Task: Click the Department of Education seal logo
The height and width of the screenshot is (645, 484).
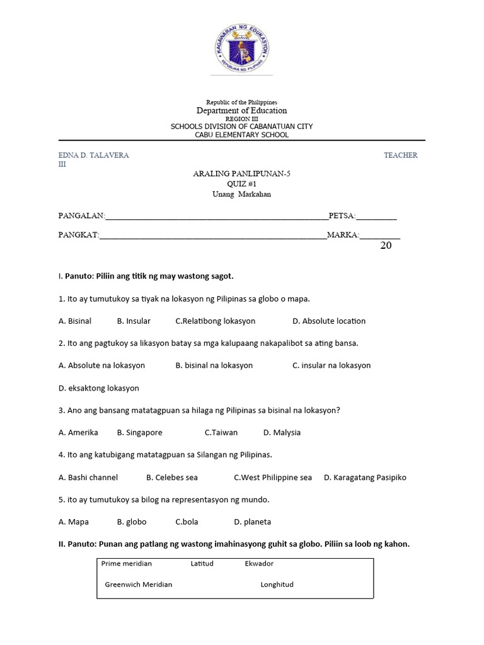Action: click(x=241, y=46)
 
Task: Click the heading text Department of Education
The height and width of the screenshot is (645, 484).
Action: click(x=241, y=111)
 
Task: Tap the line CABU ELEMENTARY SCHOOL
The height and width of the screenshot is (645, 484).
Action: click(x=241, y=135)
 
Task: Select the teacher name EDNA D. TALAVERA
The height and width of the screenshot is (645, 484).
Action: click(x=94, y=155)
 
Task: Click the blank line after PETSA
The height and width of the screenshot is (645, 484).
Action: click(x=376, y=218)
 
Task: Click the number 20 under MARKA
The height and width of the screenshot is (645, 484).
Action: click(x=386, y=246)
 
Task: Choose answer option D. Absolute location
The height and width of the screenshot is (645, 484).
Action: click(x=328, y=321)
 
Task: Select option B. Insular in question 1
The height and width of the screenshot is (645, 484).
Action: click(x=134, y=321)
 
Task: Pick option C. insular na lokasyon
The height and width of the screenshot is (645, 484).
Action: click(x=331, y=365)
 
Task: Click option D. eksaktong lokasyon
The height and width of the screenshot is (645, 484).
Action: click(x=99, y=388)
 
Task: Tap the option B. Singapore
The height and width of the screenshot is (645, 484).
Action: click(x=139, y=433)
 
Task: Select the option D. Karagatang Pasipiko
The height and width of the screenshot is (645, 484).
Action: click(x=365, y=477)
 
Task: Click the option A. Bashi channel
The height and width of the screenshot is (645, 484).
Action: click(x=88, y=477)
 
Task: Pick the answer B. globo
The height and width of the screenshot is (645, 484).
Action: click(x=132, y=522)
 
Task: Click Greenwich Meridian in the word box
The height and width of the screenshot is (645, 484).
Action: click(x=139, y=585)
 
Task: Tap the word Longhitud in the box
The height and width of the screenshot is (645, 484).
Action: click(x=277, y=585)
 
